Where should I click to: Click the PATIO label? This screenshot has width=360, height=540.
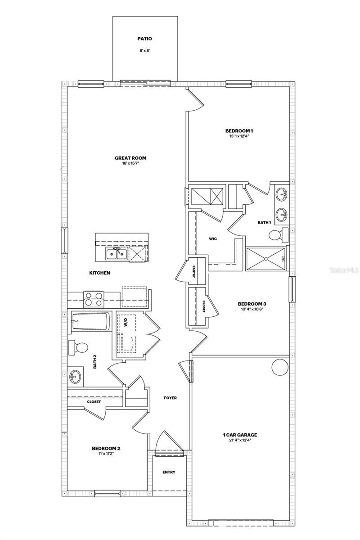[x=144, y=39]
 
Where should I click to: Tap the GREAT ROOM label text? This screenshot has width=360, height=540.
[x=130, y=158]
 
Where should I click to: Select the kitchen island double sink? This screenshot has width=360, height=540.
[x=117, y=254]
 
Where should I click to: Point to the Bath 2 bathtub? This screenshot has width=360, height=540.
[x=90, y=321]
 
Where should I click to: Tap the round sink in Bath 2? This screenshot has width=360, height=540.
[x=75, y=376]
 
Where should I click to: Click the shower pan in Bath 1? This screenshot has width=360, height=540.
[x=265, y=259]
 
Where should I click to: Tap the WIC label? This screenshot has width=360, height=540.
[x=213, y=239]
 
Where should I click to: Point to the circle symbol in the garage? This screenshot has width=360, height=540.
[x=279, y=367]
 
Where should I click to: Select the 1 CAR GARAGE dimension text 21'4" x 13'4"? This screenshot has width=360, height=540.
[x=240, y=441]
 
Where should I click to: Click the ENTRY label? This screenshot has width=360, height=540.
[x=169, y=472]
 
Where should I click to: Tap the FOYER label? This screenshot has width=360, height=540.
[x=170, y=398]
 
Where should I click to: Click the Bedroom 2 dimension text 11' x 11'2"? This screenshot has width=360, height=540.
[x=106, y=454]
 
